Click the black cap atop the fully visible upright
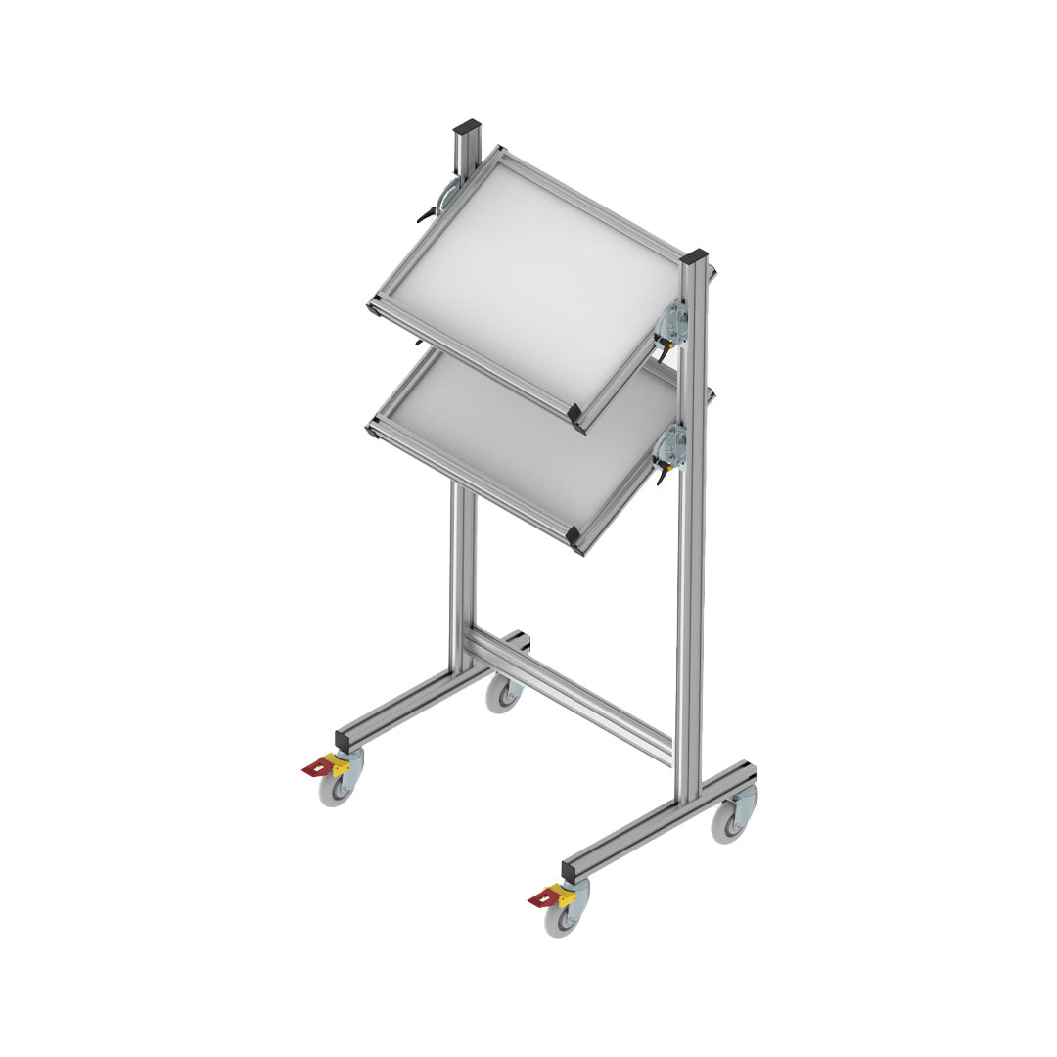click(694, 257)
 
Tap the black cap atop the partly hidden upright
click(467, 127)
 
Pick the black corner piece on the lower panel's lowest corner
click(575, 536)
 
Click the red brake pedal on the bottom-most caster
click(540, 898)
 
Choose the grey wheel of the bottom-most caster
click(562, 918)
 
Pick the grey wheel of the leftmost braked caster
click(336, 789)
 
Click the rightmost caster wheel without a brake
click(729, 823)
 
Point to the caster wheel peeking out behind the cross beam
click(503, 696)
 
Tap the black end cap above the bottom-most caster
click(572, 869)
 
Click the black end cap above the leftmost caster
click(345, 737)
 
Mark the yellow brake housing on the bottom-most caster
click(562, 892)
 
